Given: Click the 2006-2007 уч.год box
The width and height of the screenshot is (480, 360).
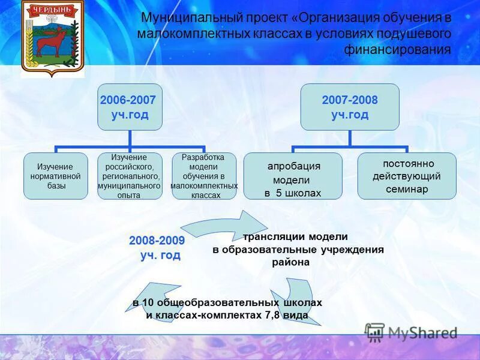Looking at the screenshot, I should (130, 107).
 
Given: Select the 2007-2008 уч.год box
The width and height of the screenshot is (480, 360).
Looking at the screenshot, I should (350, 107).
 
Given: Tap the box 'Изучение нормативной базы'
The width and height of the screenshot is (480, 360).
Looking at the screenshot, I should (55, 176).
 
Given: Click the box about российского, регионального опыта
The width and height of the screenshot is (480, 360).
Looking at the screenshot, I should (130, 176).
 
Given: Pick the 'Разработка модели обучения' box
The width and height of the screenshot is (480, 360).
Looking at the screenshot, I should (204, 176).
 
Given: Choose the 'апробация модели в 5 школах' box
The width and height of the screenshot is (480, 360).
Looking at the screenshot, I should (293, 176).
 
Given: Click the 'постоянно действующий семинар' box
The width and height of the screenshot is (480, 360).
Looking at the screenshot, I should (407, 176).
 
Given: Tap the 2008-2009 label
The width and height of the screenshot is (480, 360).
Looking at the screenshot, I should (157, 241).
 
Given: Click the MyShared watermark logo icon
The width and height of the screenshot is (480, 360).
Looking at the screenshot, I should (375, 332).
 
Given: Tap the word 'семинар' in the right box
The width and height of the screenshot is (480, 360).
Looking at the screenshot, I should (407, 189).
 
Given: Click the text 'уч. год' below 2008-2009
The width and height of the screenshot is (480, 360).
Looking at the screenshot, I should (160, 255).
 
